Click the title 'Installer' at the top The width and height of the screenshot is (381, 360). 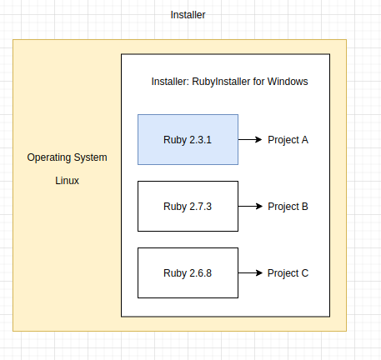[x=188, y=15]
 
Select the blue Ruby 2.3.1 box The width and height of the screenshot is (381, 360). [x=188, y=139]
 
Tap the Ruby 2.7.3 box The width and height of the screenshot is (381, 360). [x=188, y=206]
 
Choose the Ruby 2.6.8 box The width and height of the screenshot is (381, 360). [x=188, y=272]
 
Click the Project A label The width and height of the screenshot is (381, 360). [x=288, y=140]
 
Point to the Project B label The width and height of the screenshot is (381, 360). [x=288, y=207]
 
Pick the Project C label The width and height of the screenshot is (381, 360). [x=288, y=273]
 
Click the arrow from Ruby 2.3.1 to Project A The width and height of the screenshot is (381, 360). [x=250, y=139]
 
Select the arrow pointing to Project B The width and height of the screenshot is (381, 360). [x=250, y=206]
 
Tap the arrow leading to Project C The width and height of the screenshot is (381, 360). [x=250, y=272]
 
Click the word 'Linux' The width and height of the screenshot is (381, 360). [x=67, y=181]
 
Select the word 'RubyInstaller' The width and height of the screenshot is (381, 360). [x=221, y=82]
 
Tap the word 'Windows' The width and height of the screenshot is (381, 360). [x=288, y=82]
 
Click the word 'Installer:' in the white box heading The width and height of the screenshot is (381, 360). [x=170, y=82]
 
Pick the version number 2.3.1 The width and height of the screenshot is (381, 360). [x=200, y=140]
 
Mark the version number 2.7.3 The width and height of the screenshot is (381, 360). [x=200, y=207]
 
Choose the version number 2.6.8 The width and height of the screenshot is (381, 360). [x=200, y=273]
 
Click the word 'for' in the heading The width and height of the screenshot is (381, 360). [x=258, y=82]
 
